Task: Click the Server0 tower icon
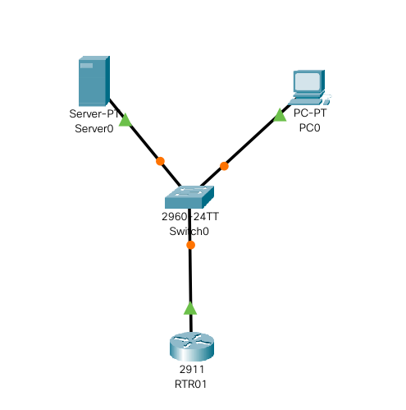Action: [x=94, y=81]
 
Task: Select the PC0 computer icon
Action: [x=310, y=87]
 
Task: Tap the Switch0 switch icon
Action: [x=189, y=197]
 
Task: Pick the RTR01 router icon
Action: [x=192, y=347]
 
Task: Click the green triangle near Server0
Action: [x=125, y=120]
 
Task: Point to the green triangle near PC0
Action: [x=280, y=115]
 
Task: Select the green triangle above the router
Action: [x=190, y=308]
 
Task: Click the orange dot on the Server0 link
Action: [x=160, y=161]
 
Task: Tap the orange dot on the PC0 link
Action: [x=224, y=166]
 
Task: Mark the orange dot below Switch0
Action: [x=190, y=245]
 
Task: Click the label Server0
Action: [x=94, y=128]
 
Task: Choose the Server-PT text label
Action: [x=94, y=113]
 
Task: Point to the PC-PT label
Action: [x=310, y=113]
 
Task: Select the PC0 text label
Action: [x=310, y=127]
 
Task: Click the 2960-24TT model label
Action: [x=190, y=217]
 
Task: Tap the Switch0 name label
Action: [x=189, y=232]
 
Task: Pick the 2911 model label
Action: [x=192, y=370]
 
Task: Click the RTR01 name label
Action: [x=190, y=385]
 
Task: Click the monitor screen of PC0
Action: [x=308, y=81]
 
